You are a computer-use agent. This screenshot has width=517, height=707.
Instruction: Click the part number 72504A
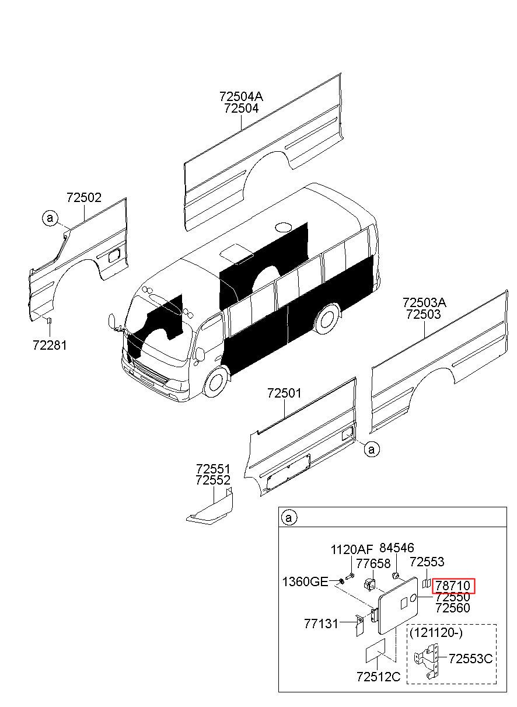(x=242, y=96)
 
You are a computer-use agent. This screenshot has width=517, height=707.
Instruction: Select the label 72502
(x=84, y=197)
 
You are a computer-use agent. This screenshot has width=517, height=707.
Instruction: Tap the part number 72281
(x=50, y=345)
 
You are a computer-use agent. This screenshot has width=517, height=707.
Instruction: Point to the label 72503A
(x=424, y=302)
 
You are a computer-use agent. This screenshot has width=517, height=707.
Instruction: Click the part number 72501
(x=284, y=393)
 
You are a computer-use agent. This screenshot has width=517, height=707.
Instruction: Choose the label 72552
(x=213, y=480)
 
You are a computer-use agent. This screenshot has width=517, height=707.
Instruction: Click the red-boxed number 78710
(x=453, y=586)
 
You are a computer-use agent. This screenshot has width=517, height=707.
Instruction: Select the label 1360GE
(x=305, y=581)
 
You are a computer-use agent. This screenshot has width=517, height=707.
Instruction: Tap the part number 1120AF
(x=352, y=550)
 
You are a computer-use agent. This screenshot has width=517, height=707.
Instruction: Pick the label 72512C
(x=379, y=677)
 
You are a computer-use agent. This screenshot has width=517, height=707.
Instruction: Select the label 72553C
(x=471, y=659)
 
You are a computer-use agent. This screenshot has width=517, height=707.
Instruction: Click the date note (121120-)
(x=436, y=633)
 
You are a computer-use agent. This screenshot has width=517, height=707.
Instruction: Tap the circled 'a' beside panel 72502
(x=50, y=218)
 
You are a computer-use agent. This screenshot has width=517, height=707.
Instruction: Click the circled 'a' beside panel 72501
(x=372, y=449)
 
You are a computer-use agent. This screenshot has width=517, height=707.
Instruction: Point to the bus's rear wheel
(x=327, y=318)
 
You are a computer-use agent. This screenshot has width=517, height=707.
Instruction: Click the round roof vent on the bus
(x=283, y=227)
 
